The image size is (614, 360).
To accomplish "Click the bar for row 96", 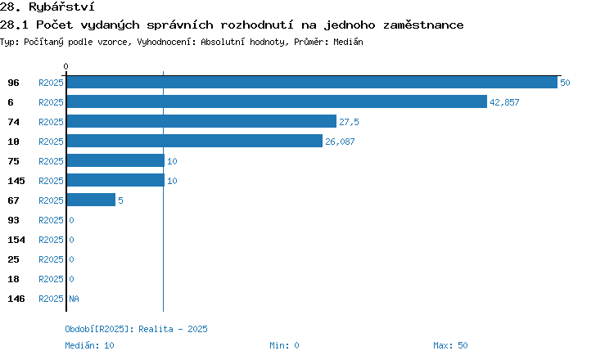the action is (312, 82).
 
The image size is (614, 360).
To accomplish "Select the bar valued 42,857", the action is (277, 101).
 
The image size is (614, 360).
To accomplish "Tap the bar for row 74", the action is (201, 121).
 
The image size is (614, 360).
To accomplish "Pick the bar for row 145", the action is (115, 180).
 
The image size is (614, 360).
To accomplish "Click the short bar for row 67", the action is (91, 200).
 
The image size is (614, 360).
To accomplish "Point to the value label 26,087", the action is (340, 142).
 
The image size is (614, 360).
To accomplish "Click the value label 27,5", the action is (349, 122).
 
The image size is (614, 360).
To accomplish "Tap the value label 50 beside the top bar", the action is (565, 83).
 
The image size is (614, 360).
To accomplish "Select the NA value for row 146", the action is (74, 299).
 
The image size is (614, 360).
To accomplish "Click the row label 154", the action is (16, 240).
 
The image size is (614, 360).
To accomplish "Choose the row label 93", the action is (13, 220).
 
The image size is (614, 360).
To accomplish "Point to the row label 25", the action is (13, 259).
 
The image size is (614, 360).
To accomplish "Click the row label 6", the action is (11, 102).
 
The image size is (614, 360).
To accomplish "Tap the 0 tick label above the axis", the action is (65, 66).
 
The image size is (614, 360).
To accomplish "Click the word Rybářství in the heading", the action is (61, 7).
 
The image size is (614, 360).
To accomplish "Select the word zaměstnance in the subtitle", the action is (423, 25).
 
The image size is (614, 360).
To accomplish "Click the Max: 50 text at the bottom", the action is (450, 345).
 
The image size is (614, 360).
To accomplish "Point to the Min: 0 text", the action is (284, 345).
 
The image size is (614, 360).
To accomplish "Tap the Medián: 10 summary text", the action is (89, 345).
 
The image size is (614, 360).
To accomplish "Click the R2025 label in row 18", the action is (51, 279).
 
